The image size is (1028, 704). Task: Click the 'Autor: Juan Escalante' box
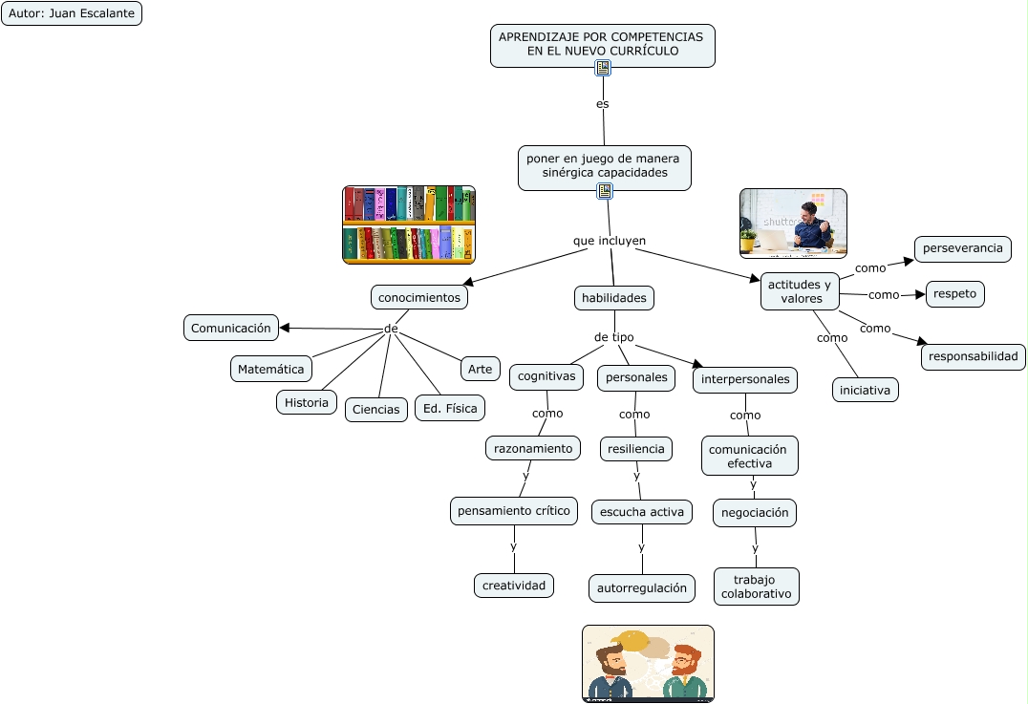pos(72,13)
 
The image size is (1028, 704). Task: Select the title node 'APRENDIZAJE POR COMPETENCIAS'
pos(602,43)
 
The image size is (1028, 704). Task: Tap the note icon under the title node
pos(603,68)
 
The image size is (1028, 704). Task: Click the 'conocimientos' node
pos(419,297)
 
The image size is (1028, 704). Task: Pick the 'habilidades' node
pos(614,297)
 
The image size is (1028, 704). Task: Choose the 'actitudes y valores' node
pos(800,291)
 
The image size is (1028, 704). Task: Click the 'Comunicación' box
pos(231,328)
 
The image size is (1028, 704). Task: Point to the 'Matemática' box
pos(271,369)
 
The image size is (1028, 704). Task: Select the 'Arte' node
pos(480,368)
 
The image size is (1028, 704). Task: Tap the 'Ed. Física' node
pos(449,409)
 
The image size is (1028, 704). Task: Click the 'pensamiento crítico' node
pos(514,511)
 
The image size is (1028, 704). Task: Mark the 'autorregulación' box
pos(642,587)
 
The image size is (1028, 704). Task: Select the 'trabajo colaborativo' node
pos(756,587)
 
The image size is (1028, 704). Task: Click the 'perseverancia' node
pos(962,248)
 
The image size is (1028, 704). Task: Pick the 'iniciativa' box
pos(865,390)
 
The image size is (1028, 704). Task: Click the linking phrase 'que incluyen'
pos(610,240)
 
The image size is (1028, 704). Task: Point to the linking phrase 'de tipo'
pos(613,337)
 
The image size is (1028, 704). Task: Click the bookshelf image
pos(409,224)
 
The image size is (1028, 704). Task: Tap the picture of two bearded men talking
pos(648,664)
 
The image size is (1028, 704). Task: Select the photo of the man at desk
pos(793,223)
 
